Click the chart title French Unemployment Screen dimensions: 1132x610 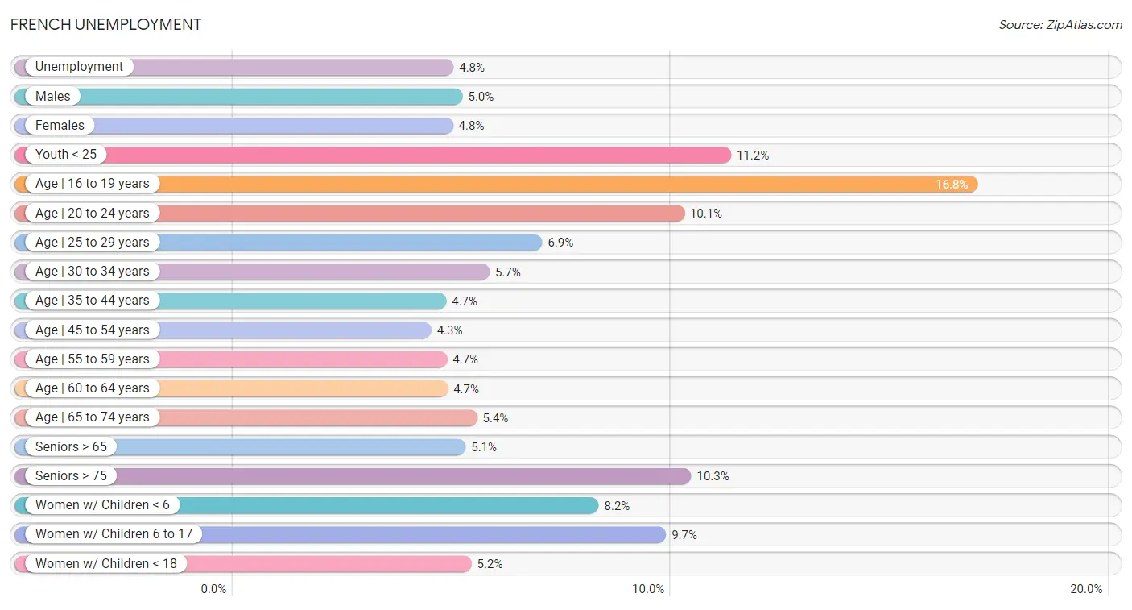[x=105, y=24]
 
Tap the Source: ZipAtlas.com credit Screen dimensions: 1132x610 [x=1060, y=25]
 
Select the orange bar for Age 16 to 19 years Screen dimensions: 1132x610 [x=496, y=184]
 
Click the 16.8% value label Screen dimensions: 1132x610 [x=952, y=184]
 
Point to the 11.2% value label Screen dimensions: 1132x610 [x=753, y=156]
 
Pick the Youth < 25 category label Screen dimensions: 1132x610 [x=66, y=154]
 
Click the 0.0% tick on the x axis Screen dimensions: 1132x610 [x=213, y=589]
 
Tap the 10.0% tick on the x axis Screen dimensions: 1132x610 [x=648, y=589]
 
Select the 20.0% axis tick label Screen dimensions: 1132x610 [x=1086, y=589]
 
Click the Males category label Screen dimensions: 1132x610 [x=52, y=96]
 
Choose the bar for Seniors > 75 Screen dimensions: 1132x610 [x=352, y=476]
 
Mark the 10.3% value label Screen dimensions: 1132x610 [x=713, y=476]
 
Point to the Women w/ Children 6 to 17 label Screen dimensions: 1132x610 [x=114, y=534]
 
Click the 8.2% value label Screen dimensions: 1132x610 [x=617, y=506]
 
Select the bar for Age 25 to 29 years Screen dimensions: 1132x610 [x=278, y=243]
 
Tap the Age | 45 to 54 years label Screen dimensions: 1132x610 [x=92, y=330]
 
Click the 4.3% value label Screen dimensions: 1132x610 [x=449, y=330]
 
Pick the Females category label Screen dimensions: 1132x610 [x=60, y=126]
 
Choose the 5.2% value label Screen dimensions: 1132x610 [x=490, y=564]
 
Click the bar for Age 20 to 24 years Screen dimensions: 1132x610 [x=349, y=214]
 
